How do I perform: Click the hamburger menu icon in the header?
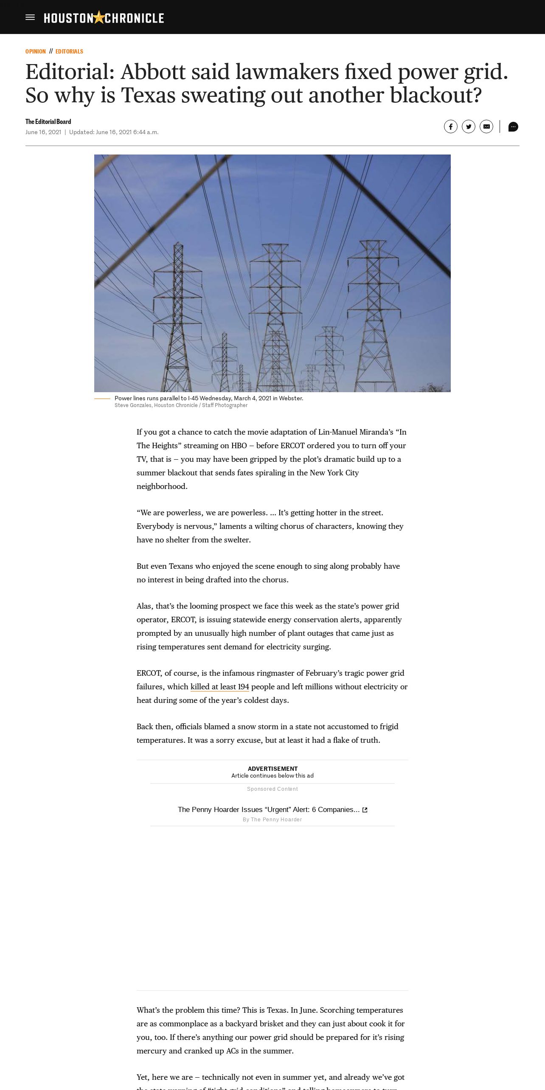(30, 17)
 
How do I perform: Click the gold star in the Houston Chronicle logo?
(99, 17)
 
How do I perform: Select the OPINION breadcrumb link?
(36, 51)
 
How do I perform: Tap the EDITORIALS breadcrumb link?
(69, 51)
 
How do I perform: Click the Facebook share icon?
(451, 126)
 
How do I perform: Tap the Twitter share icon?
(469, 126)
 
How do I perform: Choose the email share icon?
(486, 126)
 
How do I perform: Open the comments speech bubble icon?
(513, 126)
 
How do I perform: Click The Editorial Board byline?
(48, 122)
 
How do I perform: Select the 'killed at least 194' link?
(219, 687)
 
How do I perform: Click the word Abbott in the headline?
(153, 71)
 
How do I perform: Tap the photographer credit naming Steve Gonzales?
(181, 405)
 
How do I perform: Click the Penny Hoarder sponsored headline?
(268, 809)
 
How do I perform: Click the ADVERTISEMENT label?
(272, 769)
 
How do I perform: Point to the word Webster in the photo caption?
(290, 398)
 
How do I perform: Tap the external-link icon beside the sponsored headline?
(365, 810)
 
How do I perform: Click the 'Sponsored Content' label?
(272, 789)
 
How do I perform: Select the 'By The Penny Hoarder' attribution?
(272, 820)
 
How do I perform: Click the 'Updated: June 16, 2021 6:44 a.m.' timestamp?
(114, 132)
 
